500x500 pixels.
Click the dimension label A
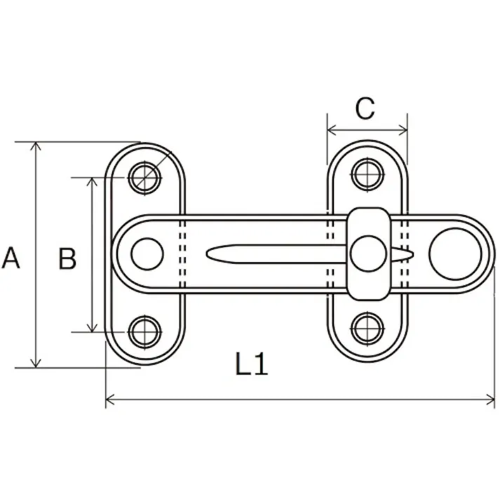pos(11,258)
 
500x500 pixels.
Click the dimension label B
pos(67,259)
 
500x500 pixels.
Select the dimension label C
pos(365,109)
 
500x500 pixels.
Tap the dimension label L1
pos(251,365)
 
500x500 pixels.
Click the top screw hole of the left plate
pos(145,175)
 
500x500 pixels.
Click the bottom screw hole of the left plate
pos(145,330)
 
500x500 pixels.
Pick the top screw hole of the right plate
pos(366,174)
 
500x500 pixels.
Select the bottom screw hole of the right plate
pos(366,327)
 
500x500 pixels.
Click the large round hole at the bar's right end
pos(455,252)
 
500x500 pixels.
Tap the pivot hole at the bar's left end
pos(147,253)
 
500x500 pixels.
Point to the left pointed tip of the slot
pos(208,253)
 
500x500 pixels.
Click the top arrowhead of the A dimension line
pos(36,145)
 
